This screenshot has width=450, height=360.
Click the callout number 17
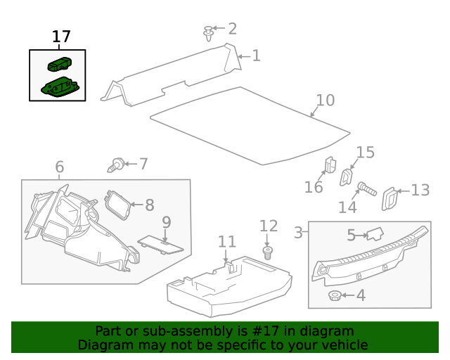click(62, 37)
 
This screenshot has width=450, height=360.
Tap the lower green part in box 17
click(60, 87)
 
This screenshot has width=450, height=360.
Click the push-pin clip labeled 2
click(208, 33)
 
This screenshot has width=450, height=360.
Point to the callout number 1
click(257, 56)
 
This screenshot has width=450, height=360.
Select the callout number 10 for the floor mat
click(325, 101)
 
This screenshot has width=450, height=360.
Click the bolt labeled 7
click(117, 165)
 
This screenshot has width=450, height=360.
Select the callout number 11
click(226, 242)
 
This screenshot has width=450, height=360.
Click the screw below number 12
click(267, 252)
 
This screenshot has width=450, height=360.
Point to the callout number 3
click(298, 233)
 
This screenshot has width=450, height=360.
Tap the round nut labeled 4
click(336, 295)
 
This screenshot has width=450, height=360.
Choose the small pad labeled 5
click(376, 234)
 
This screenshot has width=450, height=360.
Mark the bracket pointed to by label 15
click(347, 176)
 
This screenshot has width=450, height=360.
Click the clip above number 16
click(329, 165)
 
